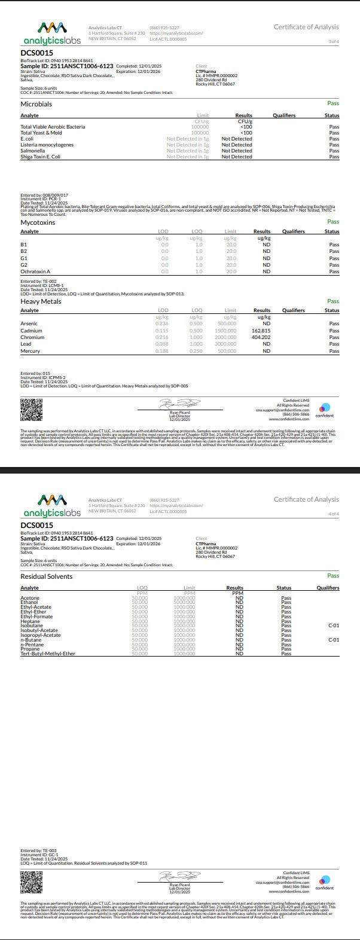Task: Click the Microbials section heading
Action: point(36,104)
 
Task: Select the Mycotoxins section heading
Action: point(38,222)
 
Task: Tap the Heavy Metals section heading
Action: point(41,301)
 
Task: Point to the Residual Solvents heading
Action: point(47,576)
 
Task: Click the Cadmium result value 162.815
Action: point(261,331)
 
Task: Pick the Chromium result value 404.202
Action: point(261,337)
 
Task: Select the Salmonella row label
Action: point(33,151)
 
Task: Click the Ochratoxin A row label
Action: point(35,271)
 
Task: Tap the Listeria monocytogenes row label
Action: point(47,145)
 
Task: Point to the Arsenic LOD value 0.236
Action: point(161,323)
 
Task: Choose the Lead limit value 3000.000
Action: point(227,344)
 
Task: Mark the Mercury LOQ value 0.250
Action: point(196,351)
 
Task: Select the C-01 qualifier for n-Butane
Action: point(334,640)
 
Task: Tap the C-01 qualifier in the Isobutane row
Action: point(334,625)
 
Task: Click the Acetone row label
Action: point(30,598)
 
